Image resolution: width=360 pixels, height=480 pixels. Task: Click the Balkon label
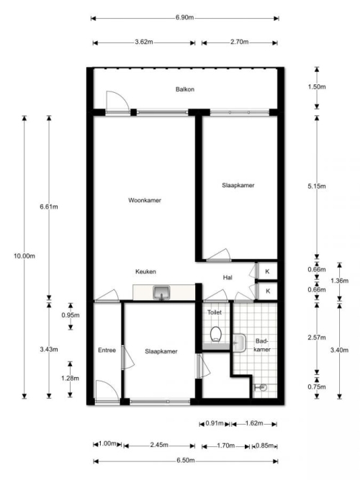pos(185,89)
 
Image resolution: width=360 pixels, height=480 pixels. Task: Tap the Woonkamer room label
pos(145,200)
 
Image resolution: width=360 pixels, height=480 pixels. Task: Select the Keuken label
pos(145,271)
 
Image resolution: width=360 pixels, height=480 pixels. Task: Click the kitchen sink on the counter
pos(161,293)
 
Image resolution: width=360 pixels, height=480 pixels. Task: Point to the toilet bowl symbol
pos(216,334)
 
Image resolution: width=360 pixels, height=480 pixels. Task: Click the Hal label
pos(228,277)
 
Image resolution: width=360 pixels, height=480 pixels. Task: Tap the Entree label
pos(107,350)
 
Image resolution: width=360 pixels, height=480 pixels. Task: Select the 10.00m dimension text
pos(24,256)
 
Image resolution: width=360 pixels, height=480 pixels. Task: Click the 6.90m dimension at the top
pos(185,17)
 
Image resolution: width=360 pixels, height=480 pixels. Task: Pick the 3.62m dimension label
pos(144,42)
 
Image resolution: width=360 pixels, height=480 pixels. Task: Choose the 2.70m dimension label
pos(240,42)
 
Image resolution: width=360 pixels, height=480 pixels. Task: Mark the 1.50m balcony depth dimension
pos(317,87)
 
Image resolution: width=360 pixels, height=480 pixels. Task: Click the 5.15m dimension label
pos(317,186)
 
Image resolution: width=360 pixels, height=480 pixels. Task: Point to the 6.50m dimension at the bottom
pos(185,461)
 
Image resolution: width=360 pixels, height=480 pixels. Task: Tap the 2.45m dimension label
pos(159,445)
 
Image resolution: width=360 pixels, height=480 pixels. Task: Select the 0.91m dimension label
pos(214,423)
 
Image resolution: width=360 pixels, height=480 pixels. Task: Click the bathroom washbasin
pos(239,343)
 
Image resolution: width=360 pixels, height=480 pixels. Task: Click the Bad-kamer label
pos(262,345)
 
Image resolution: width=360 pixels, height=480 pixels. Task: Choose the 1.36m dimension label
pos(339,281)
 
